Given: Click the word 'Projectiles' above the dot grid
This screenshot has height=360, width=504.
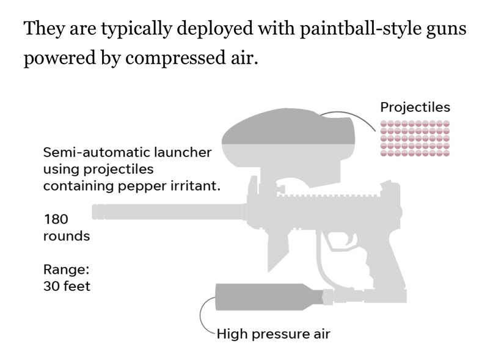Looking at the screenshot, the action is pos(415,108).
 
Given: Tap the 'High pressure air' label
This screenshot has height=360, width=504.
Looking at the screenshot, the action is pos(273,334).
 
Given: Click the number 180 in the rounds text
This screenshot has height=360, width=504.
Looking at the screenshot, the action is pos(56,219).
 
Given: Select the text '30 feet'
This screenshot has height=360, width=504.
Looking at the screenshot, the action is pos(67,286).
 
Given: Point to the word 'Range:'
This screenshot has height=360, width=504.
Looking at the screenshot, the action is pos(66,270).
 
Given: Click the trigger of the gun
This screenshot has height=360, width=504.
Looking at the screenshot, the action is pos(351,240).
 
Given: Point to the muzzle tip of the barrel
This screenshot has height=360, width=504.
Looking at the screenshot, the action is pos(93,211).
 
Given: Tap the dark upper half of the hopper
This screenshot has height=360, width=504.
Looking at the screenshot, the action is pos(288,127).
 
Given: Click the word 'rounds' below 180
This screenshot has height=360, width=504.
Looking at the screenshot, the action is pos(67,237).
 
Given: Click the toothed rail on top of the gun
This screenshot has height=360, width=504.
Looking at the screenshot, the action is pos(328,196).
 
